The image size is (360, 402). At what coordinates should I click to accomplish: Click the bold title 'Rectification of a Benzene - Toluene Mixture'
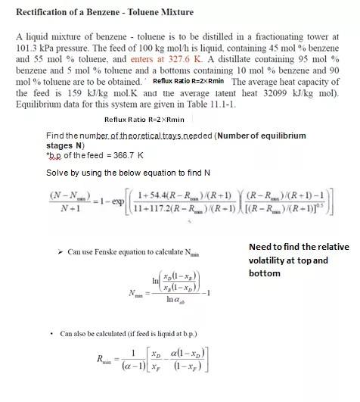click(x=119, y=11)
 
